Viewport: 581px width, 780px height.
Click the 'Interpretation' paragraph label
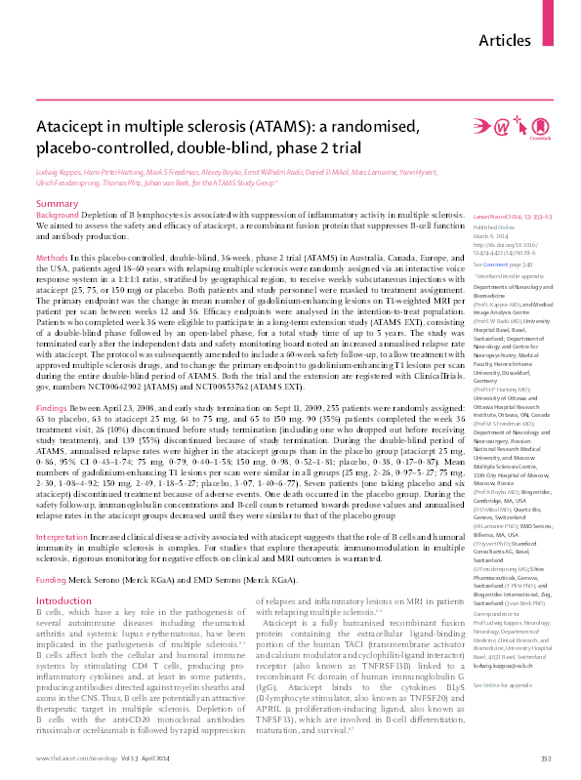(63, 509)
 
